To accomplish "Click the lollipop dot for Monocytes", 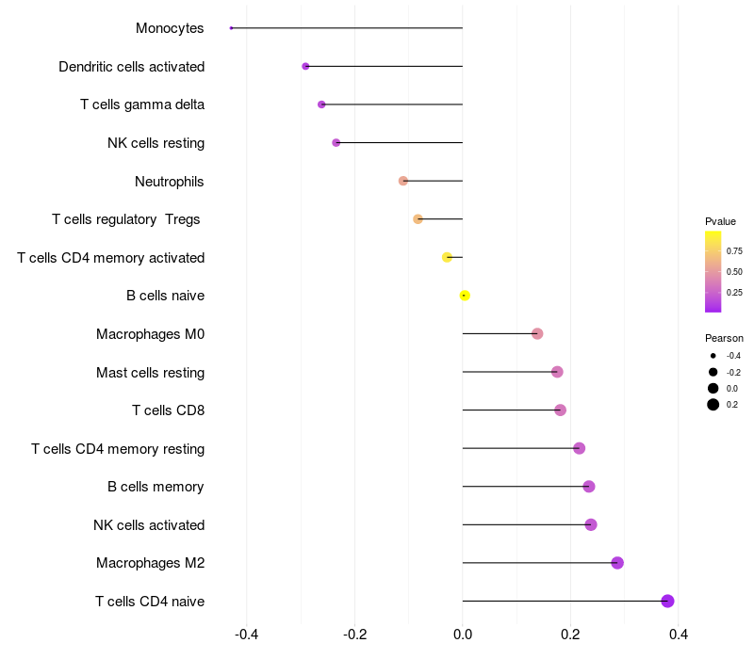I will (231, 28).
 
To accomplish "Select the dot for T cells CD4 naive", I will (667, 601).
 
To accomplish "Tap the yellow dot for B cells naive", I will (465, 296).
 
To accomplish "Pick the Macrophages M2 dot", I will (617, 563).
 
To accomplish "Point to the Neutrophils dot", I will (403, 181).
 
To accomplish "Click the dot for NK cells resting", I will (336, 143).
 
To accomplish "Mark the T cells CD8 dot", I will (560, 410).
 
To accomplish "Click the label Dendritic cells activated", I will (131, 67).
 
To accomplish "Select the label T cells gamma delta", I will (142, 104).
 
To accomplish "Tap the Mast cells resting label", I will (150, 373).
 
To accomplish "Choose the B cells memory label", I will (156, 487).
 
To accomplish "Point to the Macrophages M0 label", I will (150, 334).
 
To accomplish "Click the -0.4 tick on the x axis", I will (247, 635).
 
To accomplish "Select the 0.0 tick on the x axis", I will (463, 635).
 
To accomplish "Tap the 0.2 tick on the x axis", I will (570, 635).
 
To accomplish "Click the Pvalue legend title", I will (720, 221).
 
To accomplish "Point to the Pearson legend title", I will (724, 338).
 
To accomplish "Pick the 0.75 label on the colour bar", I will (734, 251).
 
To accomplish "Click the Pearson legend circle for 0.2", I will (713, 405).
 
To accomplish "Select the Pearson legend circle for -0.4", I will (713, 355).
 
